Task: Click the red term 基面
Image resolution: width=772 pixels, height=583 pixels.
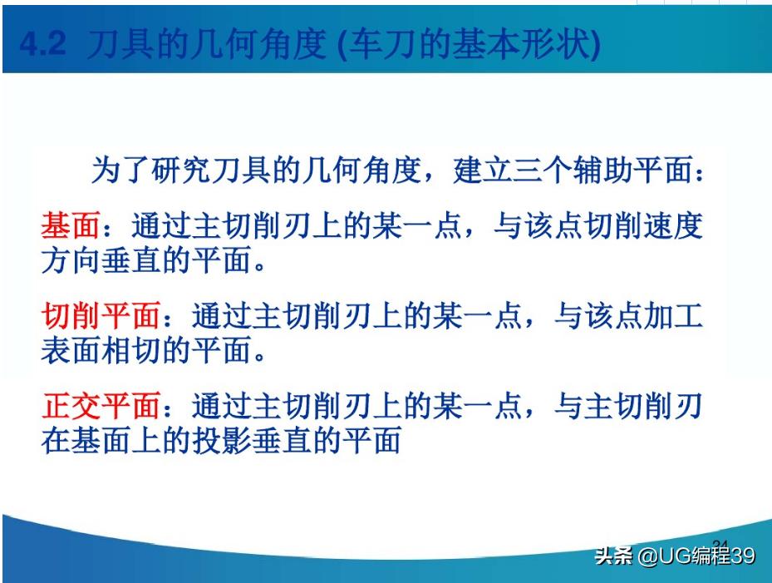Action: click(70, 227)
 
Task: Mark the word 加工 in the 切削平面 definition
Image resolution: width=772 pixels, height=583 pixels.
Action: click(673, 317)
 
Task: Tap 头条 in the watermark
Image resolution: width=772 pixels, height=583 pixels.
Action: click(613, 556)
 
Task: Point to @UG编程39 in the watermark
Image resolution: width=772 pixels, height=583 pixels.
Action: click(696, 556)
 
